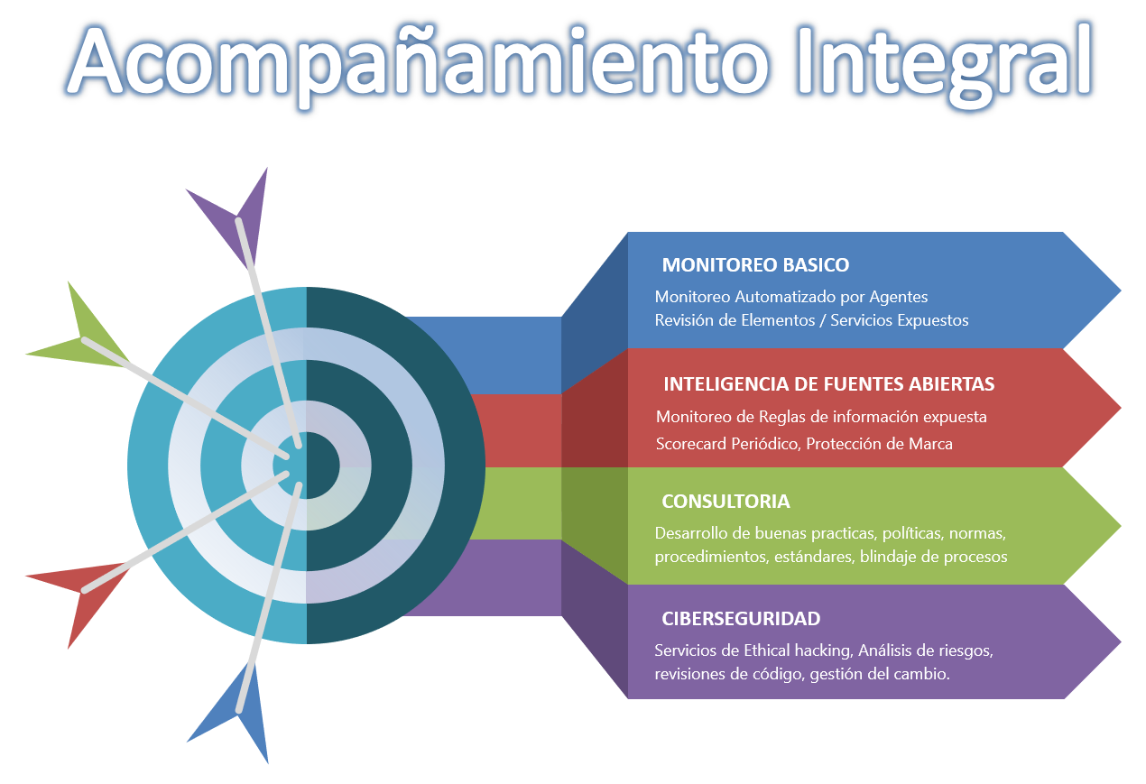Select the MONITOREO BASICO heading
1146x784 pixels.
click(x=755, y=265)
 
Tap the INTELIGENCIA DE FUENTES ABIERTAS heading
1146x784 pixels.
click(x=828, y=384)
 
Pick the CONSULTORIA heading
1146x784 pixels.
click(x=725, y=502)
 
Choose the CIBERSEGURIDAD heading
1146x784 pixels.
click(x=741, y=619)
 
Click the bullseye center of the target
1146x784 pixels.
click(x=307, y=466)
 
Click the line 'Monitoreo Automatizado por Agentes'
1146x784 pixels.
click(x=791, y=297)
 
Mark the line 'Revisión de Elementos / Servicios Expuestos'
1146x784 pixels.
click(x=811, y=320)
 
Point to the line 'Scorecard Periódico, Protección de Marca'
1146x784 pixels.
click(x=804, y=444)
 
